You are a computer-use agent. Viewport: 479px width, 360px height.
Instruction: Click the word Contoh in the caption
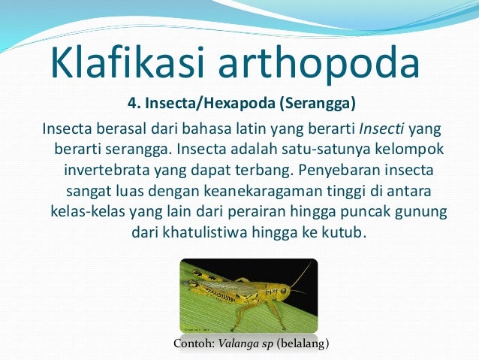[191, 343]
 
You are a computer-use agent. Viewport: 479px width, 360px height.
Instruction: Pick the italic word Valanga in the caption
[236, 343]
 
